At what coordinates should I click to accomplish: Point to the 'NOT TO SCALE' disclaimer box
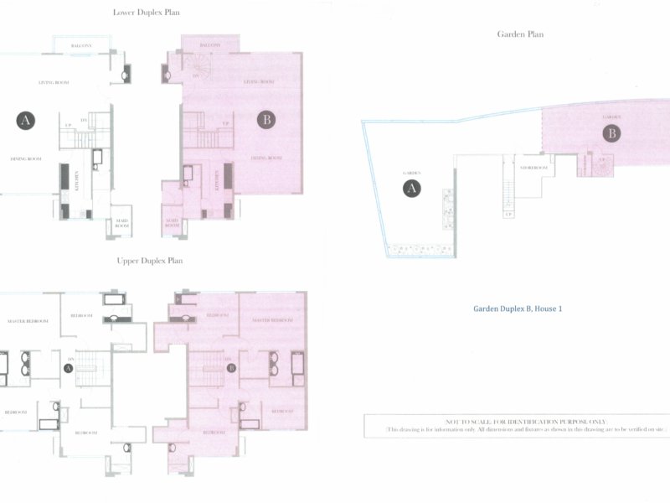click(x=510, y=425)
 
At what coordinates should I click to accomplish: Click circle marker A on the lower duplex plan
click(x=26, y=121)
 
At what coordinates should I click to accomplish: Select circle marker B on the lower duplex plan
click(x=266, y=121)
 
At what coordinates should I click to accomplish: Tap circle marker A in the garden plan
click(x=411, y=189)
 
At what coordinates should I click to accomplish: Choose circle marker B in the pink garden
click(x=612, y=133)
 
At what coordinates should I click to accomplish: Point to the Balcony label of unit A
click(x=81, y=45)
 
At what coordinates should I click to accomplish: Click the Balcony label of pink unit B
click(x=209, y=44)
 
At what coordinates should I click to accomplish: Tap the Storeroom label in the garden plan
click(x=533, y=169)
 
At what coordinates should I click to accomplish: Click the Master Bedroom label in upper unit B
click(x=272, y=320)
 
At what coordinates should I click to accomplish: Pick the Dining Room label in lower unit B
click(x=267, y=158)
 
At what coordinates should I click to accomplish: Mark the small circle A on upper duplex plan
click(x=68, y=367)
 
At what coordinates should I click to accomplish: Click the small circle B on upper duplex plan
click(x=231, y=367)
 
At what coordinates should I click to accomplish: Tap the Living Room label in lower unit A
click(x=53, y=82)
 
